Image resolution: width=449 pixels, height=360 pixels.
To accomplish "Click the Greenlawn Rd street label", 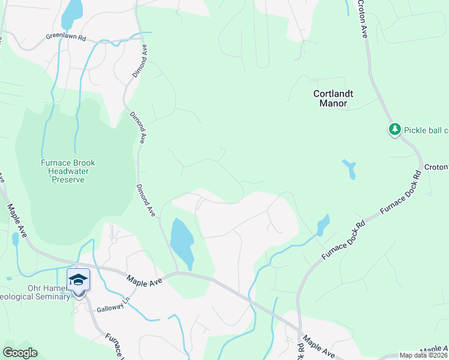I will coord(66,37).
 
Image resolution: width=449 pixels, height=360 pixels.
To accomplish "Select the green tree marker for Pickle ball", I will coord(394,130).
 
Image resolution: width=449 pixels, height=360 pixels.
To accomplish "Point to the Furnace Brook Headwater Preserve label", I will coord(67,171).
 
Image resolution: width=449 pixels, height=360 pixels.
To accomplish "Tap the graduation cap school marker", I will coord(78,280).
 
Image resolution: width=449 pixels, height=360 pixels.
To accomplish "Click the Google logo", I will coord(20,353).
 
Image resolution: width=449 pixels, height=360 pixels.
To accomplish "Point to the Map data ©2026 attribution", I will coord(423,355).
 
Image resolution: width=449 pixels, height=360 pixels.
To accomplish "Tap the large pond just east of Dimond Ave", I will coord(181,243).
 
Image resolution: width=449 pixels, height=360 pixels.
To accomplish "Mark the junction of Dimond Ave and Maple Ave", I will coord(178,272).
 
